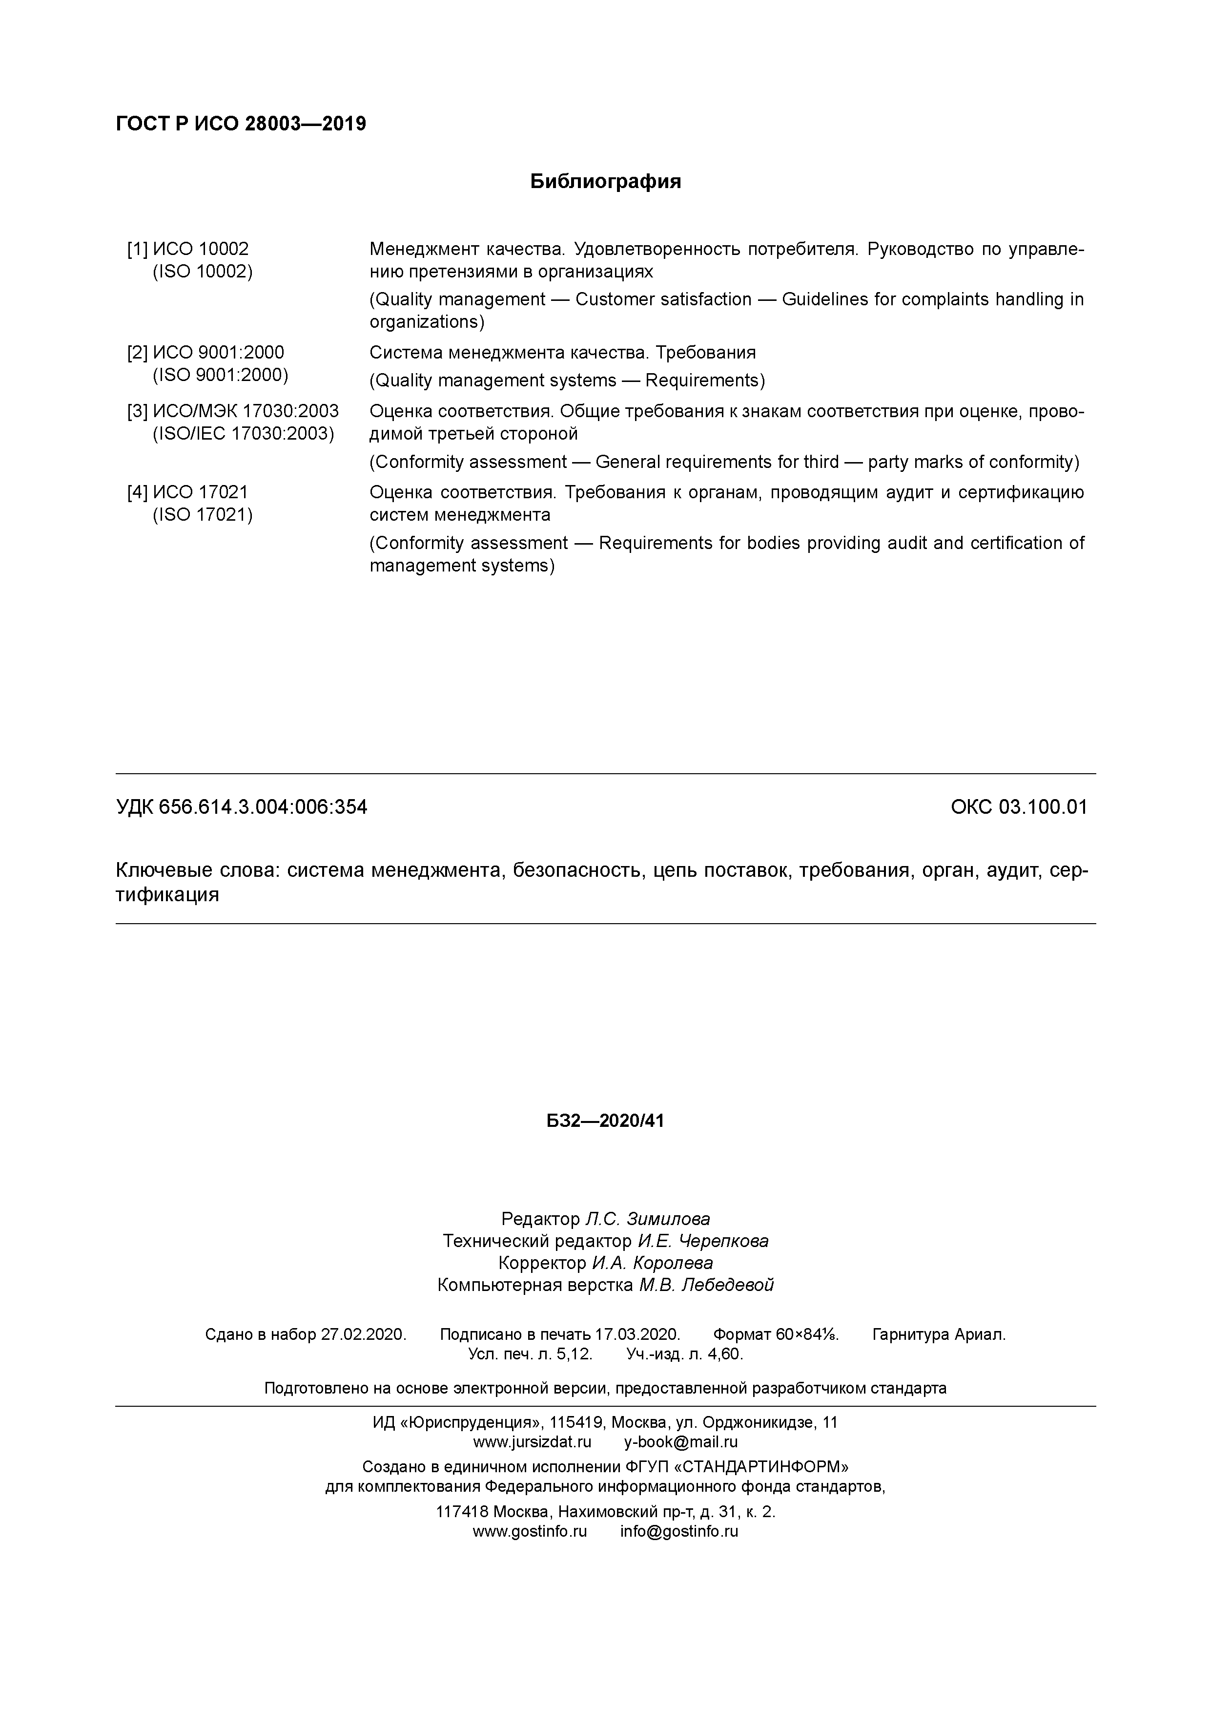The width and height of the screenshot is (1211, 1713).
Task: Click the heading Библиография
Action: coord(605,181)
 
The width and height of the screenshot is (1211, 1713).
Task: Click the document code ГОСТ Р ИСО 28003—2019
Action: coord(241,124)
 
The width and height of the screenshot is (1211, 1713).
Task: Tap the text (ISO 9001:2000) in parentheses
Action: coord(221,375)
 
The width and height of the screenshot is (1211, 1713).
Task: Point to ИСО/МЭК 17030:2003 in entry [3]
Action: coord(246,411)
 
